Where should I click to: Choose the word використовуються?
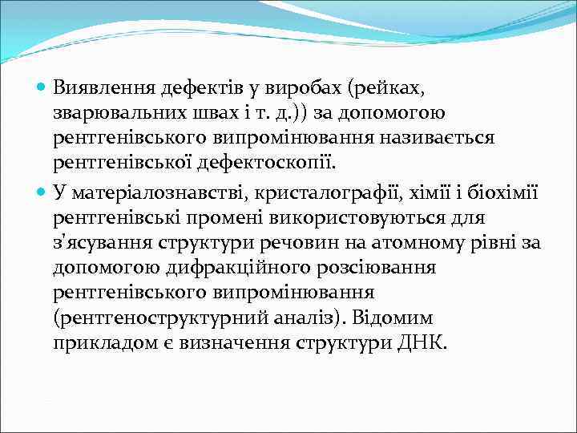coord(378,217)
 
